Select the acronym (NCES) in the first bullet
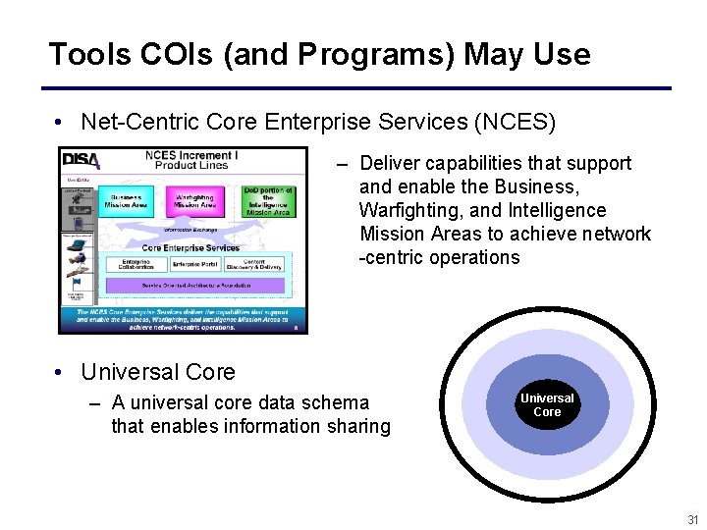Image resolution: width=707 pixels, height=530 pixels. coord(515,122)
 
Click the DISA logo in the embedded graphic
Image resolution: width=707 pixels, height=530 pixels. coord(81,159)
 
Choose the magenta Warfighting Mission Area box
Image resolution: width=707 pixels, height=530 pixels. coord(194,201)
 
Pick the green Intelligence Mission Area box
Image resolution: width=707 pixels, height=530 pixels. coord(267,201)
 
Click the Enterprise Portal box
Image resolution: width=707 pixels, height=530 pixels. coord(193,265)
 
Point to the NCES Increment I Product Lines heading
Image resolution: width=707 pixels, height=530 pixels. coord(186,159)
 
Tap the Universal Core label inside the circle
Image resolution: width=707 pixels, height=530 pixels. coord(547,405)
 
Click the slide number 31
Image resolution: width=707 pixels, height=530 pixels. coord(692,519)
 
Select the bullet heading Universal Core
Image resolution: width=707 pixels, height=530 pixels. coord(158,372)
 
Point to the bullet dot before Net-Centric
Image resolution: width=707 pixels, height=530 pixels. coord(60,123)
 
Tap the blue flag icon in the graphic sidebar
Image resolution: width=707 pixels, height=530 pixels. coord(76,283)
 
